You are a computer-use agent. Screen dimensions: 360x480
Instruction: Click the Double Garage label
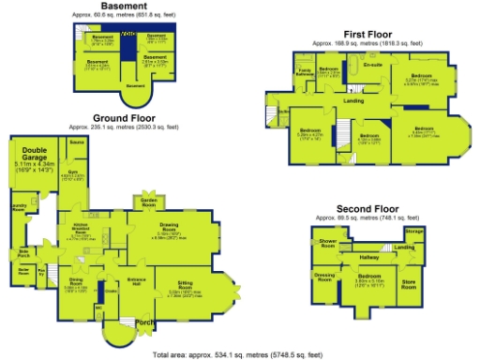(x=36, y=154)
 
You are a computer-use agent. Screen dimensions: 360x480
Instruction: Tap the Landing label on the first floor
(x=353, y=100)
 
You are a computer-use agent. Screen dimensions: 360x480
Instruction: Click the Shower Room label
(x=328, y=242)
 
